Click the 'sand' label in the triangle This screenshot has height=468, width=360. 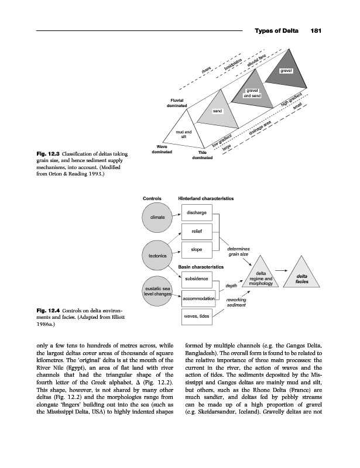point(218,111)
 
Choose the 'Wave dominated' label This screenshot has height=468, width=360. point(160,149)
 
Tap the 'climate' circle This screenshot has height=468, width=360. point(157,217)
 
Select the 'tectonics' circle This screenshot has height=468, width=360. point(157,256)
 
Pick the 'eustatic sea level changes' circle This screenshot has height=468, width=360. point(157,291)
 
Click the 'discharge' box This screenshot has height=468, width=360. point(197,212)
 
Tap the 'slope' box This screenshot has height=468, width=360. point(197,250)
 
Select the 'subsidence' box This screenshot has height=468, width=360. point(197,279)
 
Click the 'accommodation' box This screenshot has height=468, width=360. point(197,299)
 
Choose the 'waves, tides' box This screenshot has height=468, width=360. point(197,318)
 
